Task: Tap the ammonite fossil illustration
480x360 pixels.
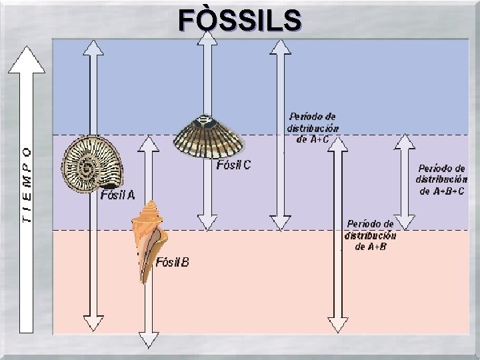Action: click(x=92, y=165)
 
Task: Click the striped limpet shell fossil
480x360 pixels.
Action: click(x=207, y=137)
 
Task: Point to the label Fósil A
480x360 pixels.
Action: click(x=117, y=195)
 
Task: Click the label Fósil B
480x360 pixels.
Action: click(x=172, y=263)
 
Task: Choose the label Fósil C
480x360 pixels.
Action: click(x=234, y=165)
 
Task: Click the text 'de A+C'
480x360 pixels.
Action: click(x=312, y=139)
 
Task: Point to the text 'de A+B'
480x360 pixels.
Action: click(x=370, y=247)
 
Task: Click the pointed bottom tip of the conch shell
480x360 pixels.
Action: click(x=144, y=280)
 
